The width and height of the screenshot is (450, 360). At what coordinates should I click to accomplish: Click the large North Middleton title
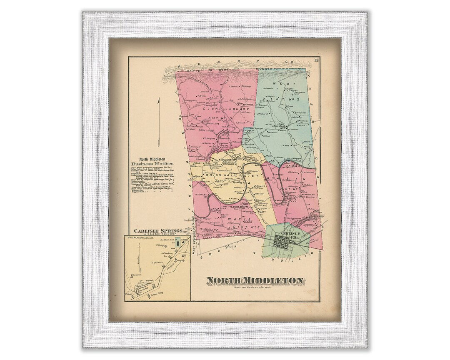pyautogui.click(x=255, y=281)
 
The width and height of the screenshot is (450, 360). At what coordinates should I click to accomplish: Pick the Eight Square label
pyautogui.click(x=220, y=110)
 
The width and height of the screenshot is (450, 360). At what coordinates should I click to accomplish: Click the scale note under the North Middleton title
pyautogui.click(x=255, y=289)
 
